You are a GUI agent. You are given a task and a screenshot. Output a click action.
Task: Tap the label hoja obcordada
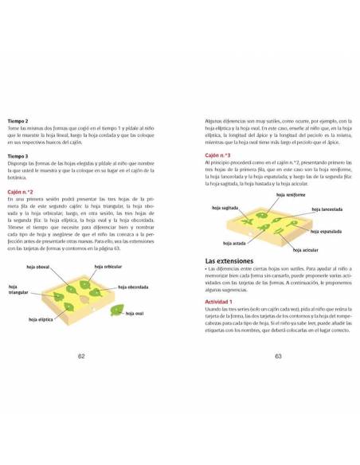[134, 287]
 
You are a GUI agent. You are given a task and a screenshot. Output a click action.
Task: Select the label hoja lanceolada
[327, 209]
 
